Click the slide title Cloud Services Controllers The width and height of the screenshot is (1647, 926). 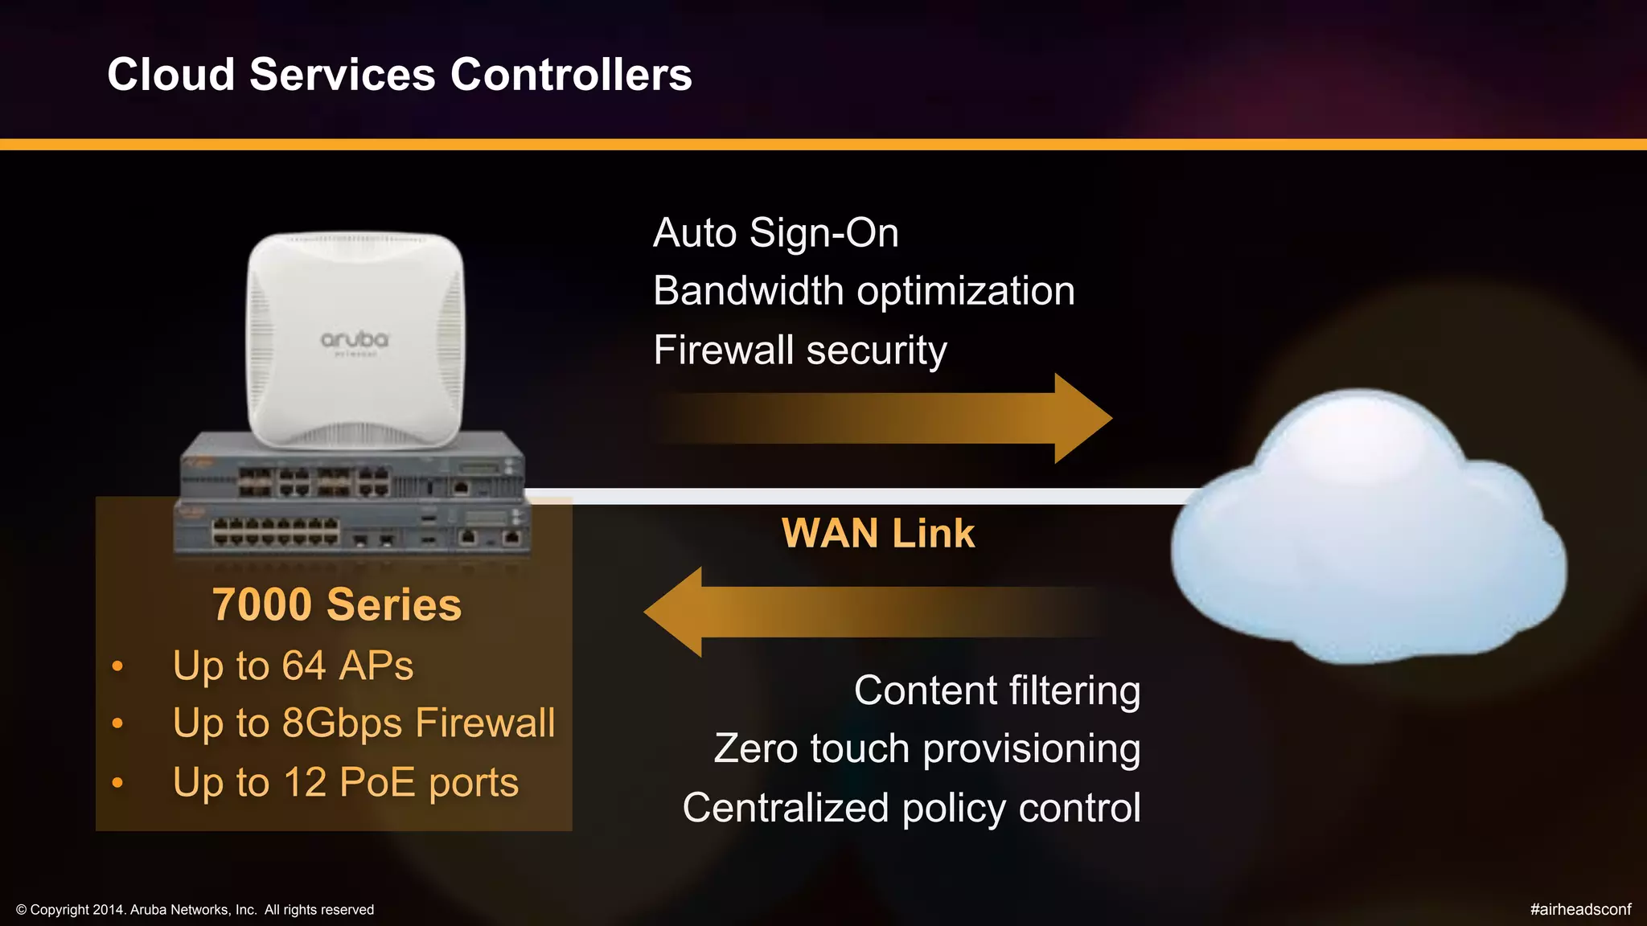(399, 75)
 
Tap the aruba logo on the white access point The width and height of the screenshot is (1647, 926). (355, 341)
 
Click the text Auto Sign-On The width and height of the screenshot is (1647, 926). (775, 233)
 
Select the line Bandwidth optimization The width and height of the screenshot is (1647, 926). (863, 291)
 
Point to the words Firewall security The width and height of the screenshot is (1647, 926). (799, 350)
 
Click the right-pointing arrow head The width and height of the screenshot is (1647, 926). (1082, 418)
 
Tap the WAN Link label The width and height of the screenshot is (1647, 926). (877, 534)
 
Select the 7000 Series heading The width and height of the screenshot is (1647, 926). (336, 604)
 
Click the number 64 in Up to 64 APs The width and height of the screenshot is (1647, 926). (303, 666)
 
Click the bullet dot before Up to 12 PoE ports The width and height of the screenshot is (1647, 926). (117, 782)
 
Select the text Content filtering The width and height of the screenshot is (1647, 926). (996, 690)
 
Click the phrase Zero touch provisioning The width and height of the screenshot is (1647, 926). (926, 749)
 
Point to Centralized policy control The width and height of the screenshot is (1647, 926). (911, 808)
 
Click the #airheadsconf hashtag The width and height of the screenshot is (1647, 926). (1579, 909)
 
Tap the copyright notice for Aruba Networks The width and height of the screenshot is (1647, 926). (195, 910)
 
